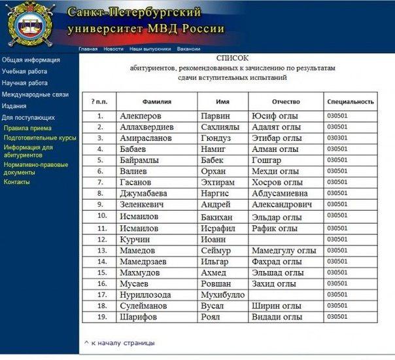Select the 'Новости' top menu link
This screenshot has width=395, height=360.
(113, 49)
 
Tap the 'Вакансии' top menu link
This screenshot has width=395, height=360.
(188, 49)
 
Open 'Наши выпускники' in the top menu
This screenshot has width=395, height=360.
(150, 49)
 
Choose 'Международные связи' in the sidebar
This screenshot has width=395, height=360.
(35, 94)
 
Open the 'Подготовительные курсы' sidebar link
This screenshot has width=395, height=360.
(40, 138)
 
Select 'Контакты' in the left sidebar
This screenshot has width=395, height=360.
(17, 182)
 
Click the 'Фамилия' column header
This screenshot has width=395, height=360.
(157, 102)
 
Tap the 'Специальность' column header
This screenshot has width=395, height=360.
(351, 102)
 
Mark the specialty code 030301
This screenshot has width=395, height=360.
(337, 138)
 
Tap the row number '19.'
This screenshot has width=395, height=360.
(101, 317)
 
